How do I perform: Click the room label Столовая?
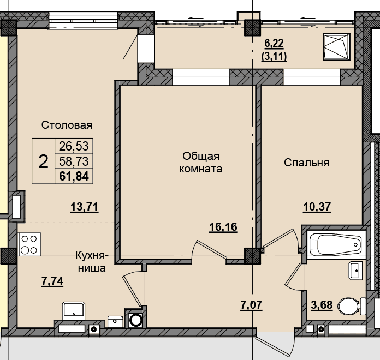coord(67,125)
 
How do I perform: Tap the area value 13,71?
coord(84,207)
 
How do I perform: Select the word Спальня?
coord(307,163)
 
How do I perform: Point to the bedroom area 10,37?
coord(317,207)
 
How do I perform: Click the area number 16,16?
coord(223,227)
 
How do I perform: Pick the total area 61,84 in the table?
coord(74,176)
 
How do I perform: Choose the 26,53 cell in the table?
coord(74,146)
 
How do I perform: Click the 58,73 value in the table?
coord(74,161)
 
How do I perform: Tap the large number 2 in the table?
coord(43,161)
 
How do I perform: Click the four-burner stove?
coord(29,244)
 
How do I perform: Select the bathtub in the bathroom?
coord(336,244)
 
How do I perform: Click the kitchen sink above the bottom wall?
coord(73,310)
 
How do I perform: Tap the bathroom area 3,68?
coord(322,305)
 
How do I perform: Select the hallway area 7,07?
coord(251,305)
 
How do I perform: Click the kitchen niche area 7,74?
coord(52,281)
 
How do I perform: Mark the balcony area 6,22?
coord(274,44)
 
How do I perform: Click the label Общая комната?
coord(201,162)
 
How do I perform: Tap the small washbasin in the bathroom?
coord(356,271)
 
